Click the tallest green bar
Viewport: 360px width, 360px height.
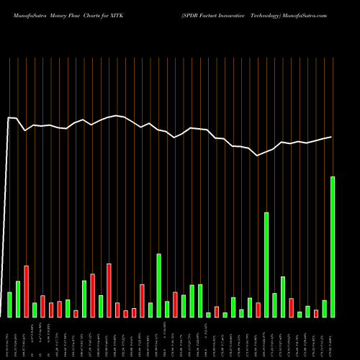333,247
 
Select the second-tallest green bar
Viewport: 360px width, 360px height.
266,265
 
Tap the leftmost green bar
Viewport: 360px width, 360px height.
9,305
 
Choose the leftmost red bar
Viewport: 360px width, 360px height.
26,292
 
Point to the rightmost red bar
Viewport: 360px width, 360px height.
316,313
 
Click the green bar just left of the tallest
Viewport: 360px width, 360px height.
324,308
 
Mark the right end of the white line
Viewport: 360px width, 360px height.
332,137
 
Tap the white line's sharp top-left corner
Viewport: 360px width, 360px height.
9,117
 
